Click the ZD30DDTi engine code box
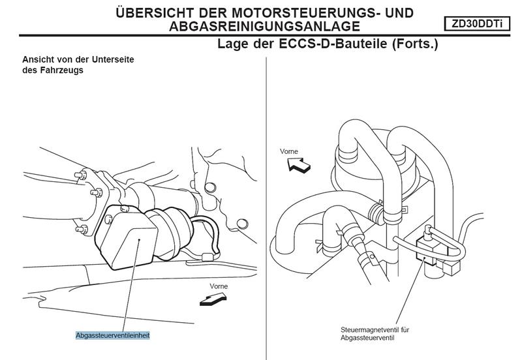(x=477, y=24)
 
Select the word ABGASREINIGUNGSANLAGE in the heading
(x=265, y=26)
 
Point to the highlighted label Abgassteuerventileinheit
(x=113, y=335)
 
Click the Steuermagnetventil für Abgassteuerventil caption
(x=375, y=334)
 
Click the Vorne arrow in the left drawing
(x=213, y=299)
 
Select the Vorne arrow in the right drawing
(x=299, y=165)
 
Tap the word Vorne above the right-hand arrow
(x=289, y=151)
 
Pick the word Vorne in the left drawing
(x=219, y=286)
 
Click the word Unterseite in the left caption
(x=113, y=59)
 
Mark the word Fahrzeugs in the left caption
(x=62, y=70)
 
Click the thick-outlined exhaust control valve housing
(x=127, y=236)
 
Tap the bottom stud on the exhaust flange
(x=82, y=230)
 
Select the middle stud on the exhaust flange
(x=97, y=192)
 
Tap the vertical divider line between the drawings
(x=266, y=208)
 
